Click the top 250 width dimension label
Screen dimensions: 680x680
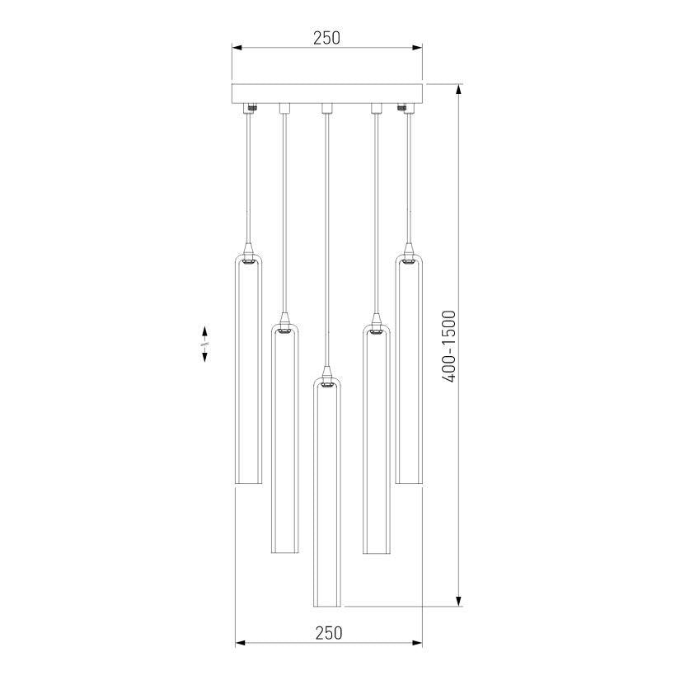coord(326,38)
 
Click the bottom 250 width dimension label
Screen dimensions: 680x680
coord(328,633)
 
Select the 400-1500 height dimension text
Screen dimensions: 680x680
coord(449,346)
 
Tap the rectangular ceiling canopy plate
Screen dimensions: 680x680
coord(327,93)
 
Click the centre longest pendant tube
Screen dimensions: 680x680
coord(327,495)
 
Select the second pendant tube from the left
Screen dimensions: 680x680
coord(285,438)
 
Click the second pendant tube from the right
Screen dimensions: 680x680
coord(376,438)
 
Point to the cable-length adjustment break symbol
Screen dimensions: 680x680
coord(204,344)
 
